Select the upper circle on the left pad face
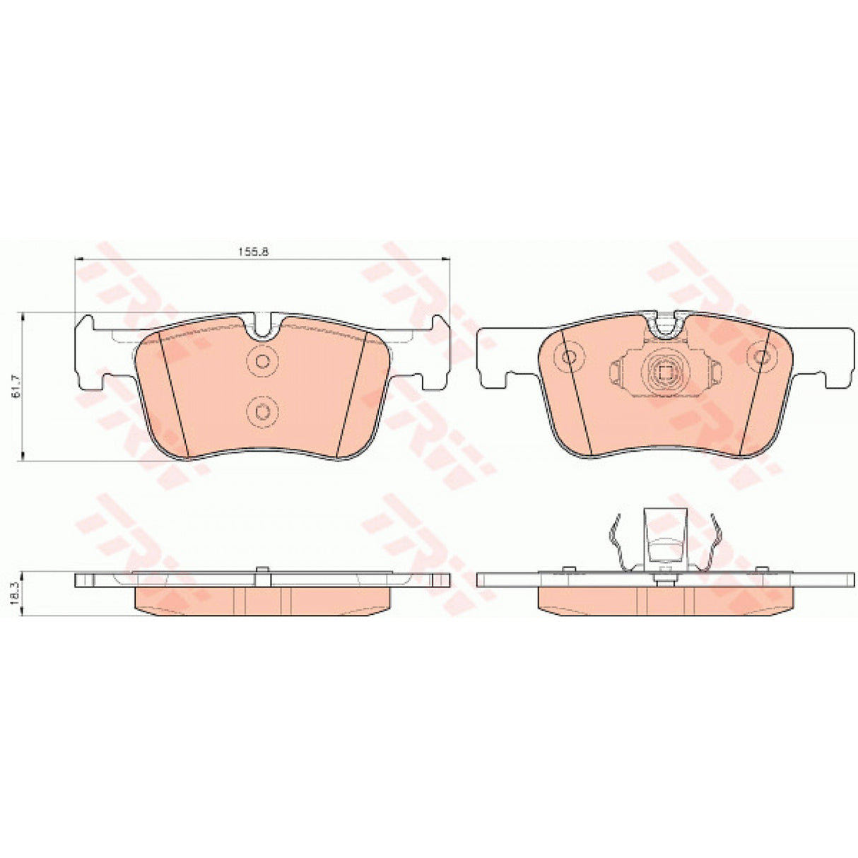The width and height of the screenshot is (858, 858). [262, 361]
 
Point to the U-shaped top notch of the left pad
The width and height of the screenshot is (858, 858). [263, 327]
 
